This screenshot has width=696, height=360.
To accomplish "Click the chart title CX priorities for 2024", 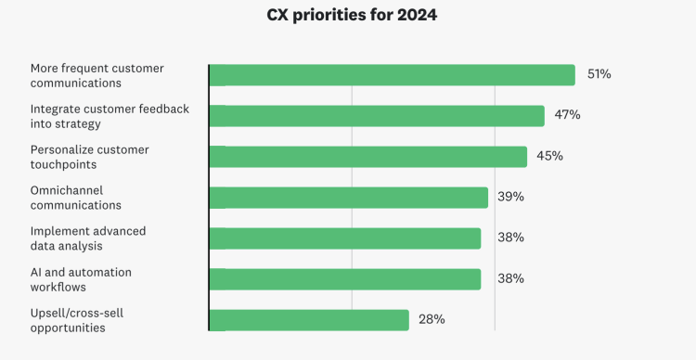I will tap(351, 16).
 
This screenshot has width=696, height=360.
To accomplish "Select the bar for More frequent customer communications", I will tap(392, 75).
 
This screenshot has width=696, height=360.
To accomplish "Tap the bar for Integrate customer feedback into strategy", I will tap(376, 116).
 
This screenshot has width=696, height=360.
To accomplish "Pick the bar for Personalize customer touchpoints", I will tap(367, 157).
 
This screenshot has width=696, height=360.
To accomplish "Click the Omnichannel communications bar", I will tap(348, 198).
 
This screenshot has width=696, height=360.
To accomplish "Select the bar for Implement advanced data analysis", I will tap(344, 238).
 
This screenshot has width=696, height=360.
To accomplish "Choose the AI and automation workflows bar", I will tap(344, 279).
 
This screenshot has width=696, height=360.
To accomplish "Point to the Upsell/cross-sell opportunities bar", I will tap(309, 320).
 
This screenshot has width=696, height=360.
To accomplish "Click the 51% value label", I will tap(599, 74).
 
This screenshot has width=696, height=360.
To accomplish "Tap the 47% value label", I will tap(567, 115).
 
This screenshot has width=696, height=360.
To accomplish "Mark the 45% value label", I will tap(549, 156).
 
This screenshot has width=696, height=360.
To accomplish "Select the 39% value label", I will tap(510, 197).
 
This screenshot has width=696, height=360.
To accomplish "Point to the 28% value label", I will tap(432, 319).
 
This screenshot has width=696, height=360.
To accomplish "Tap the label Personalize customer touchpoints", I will tap(89, 157).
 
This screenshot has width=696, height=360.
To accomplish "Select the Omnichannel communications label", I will tap(76, 198).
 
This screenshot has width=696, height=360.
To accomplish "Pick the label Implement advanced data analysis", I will tap(88, 238).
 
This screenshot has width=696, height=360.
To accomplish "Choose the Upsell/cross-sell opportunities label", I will tap(77, 320).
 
